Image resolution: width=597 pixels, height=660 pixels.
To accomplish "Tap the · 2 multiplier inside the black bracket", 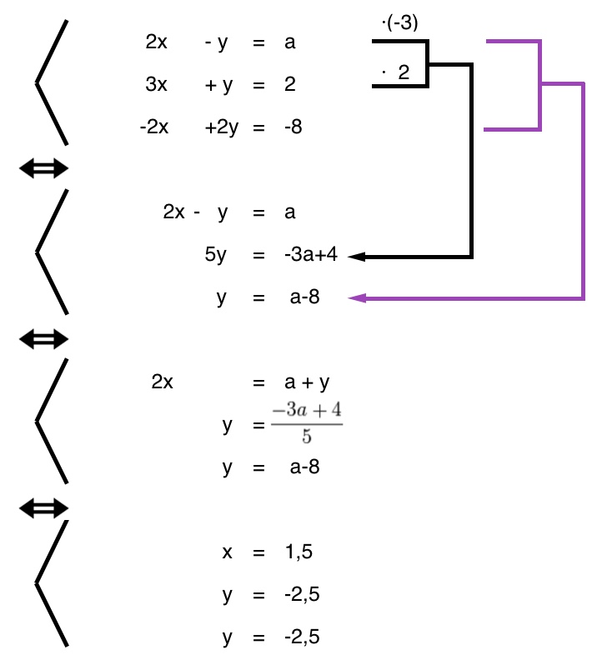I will pos(396,72).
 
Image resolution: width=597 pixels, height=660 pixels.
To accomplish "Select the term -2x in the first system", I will pos(155,127).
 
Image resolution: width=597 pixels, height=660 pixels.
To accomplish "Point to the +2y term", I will pos(222,127).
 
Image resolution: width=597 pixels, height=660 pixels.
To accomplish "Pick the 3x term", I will pos(156,84).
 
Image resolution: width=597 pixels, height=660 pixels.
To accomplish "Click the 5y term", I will pos(215,255).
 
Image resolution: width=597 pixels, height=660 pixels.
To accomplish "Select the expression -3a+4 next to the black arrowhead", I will pos(310,255).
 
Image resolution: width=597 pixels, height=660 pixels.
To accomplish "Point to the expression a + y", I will pos(307,382).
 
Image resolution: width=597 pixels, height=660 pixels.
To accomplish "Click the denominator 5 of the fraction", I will pos(306,437).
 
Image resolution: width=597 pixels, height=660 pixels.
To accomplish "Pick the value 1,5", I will pos(298,552).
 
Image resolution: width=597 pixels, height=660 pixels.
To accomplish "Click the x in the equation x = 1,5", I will pos(227,552).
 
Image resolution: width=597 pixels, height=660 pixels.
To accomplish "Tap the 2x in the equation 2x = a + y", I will pos(163,382).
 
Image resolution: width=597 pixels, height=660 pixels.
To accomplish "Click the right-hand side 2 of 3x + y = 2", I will pos(289,84).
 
